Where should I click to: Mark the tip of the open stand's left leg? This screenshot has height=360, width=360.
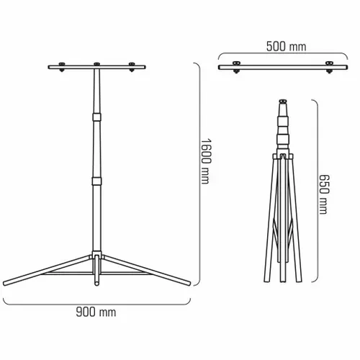pos(6,282)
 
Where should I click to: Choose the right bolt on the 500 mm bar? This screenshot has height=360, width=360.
pos(330,69)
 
